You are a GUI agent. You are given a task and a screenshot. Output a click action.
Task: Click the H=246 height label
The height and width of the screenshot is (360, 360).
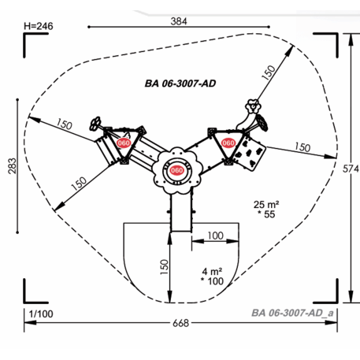click(39, 26)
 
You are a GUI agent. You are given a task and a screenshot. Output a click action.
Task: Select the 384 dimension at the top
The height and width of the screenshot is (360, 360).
click(179, 21)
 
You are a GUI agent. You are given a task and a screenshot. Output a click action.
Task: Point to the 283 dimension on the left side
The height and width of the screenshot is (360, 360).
click(12, 166)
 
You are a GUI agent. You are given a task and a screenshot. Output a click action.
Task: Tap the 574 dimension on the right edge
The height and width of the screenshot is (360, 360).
click(351, 169)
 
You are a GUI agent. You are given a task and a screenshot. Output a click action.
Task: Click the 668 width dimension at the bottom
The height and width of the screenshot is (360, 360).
click(180, 323)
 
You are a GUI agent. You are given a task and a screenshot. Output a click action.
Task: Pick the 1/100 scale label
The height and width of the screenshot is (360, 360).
click(41, 314)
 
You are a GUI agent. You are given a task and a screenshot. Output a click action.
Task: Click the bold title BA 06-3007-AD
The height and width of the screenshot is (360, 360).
click(180, 84)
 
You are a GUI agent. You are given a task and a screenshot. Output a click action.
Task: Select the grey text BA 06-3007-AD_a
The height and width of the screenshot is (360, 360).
click(292, 313)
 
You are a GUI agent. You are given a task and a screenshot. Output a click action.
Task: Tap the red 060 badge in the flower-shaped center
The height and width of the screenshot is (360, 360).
click(176, 170)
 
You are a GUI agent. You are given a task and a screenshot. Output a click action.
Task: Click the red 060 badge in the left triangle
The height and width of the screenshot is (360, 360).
click(124, 143)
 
